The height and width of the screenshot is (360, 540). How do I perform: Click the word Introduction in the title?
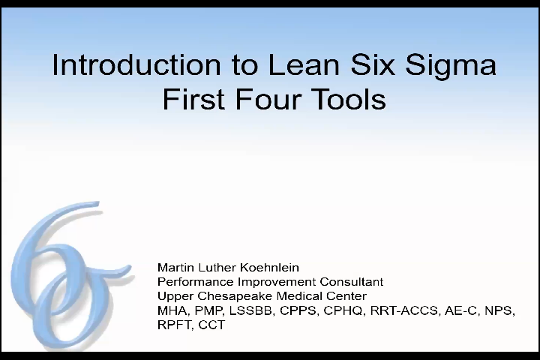tap(136, 64)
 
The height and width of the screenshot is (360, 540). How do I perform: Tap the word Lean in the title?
tap(304, 64)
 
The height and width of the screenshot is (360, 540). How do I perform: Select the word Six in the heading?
tap(373, 64)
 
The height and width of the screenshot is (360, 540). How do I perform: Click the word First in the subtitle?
tap(193, 99)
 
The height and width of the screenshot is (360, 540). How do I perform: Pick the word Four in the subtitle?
tap(268, 99)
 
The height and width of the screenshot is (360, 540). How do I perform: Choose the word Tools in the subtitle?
tap(349, 99)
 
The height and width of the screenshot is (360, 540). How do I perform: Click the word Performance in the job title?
tap(196, 282)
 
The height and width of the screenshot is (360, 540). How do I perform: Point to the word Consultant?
tap(352, 282)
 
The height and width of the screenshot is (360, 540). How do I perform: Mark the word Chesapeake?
tap(235, 296)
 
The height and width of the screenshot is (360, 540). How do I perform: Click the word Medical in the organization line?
tap(299, 296)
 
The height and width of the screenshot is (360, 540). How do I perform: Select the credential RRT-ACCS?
tap(404, 310)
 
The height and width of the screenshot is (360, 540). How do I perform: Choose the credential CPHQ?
tap(345, 310)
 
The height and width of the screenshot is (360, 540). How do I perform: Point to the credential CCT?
tap(211, 325)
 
